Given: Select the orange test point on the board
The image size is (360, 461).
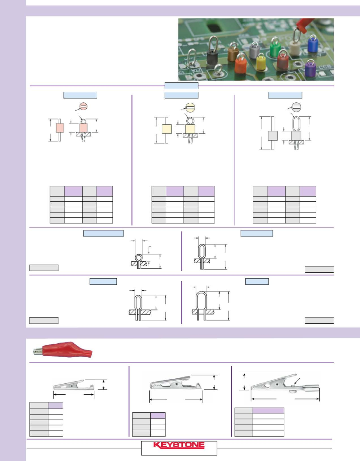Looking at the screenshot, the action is [241, 63].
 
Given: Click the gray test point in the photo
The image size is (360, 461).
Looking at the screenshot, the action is [255, 50].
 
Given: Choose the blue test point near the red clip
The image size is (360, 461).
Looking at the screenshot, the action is [313, 44].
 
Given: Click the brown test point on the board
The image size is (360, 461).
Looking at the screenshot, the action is [233, 52].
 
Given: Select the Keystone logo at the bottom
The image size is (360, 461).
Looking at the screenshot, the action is [179, 445].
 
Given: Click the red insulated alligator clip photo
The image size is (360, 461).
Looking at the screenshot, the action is [63, 350].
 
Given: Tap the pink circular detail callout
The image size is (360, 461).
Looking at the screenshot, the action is [83, 107].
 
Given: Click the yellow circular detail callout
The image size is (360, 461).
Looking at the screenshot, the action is [191, 108].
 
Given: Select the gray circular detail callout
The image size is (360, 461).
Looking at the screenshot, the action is [296, 108].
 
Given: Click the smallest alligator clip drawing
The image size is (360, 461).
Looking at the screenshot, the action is [74, 385].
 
